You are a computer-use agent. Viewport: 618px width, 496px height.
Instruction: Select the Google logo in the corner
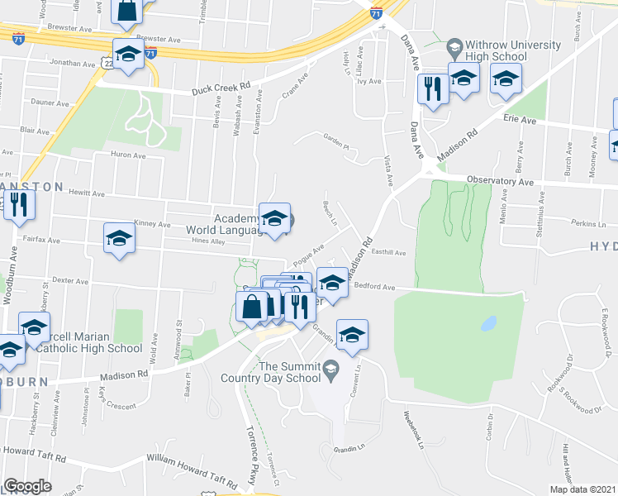(27, 486)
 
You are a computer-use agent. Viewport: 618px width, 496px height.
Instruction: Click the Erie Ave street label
(520, 120)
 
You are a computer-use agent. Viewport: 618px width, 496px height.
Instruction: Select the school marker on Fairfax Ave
(119, 238)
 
